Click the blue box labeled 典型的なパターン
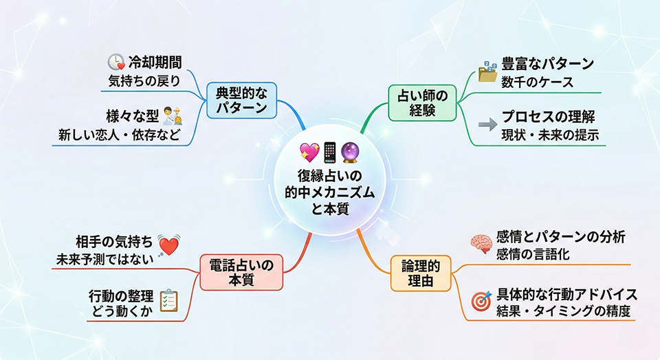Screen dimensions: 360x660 click(241, 100)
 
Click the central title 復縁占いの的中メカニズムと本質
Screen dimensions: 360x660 click(330, 192)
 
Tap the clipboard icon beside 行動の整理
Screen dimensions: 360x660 click(168, 300)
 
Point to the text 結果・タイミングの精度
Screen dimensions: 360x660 click(564, 311)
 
